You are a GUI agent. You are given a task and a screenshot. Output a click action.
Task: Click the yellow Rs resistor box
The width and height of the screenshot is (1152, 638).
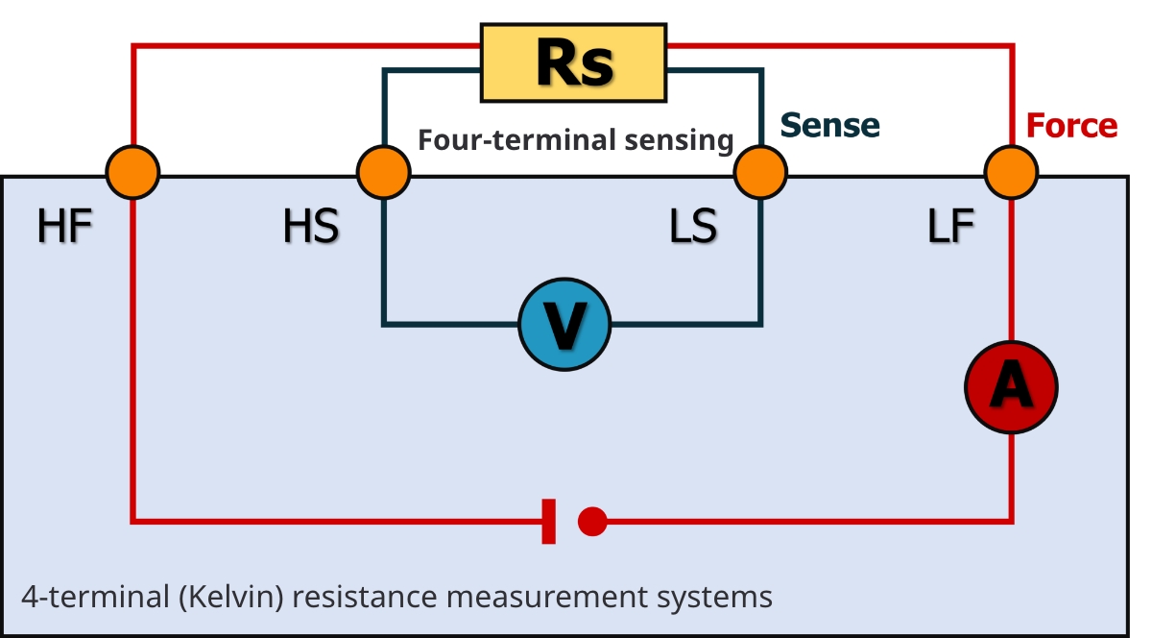coord(573,62)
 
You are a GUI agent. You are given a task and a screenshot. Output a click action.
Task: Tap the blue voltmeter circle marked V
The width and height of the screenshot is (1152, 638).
coord(564,325)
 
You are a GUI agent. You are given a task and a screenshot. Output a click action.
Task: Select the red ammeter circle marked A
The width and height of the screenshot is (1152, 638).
coord(1011,387)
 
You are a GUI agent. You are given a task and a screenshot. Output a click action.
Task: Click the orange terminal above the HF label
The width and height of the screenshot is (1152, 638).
coord(132,173)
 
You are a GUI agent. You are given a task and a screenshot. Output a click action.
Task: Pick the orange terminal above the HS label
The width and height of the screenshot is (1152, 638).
coord(384,173)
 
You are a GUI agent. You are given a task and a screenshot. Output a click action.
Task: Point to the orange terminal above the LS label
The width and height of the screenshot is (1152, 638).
coord(760,173)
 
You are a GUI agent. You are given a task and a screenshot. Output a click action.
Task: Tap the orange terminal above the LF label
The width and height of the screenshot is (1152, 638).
coord(1011,173)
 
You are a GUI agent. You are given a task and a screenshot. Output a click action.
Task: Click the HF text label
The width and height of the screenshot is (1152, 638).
coord(65,226)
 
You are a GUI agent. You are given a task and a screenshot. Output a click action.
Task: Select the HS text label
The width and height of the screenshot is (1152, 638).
coord(311,226)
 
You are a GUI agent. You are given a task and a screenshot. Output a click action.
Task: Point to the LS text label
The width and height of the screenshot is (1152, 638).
coord(693,226)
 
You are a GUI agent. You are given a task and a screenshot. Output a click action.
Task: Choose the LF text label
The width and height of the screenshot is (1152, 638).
coord(951,226)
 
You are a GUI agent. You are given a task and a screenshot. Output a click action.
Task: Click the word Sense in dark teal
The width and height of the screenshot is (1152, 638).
coord(829,125)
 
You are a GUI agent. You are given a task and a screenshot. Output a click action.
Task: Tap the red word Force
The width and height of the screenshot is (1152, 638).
coord(1071,126)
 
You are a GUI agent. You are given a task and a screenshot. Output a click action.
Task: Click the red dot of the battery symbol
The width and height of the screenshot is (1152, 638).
coord(592,521)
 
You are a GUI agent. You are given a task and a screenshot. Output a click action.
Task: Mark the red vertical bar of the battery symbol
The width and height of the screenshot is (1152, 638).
coord(549,521)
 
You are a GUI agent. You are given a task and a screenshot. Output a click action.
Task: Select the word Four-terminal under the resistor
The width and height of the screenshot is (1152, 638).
coord(516,140)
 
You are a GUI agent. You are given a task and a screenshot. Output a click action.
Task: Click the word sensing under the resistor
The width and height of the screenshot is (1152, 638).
coord(679,141)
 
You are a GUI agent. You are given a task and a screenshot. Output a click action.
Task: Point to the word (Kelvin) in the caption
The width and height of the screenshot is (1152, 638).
coord(231,598)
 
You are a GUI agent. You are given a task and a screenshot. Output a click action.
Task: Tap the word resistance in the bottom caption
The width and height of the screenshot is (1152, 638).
coord(365,598)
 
